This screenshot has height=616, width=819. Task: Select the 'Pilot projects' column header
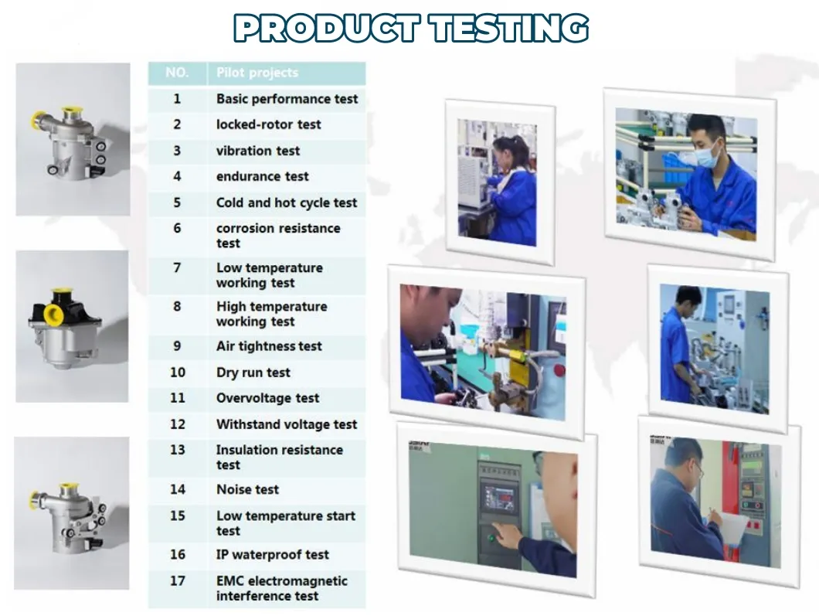pos(257,73)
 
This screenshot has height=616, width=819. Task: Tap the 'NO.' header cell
pos(177,73)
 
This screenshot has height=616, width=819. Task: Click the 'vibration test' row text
pos(258,151)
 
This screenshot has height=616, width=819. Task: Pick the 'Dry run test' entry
pos(253,373)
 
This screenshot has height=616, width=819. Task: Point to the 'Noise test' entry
pos(247,489)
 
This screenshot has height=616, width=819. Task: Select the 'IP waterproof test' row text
pos(273,555)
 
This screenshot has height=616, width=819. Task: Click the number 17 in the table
pos(178,581)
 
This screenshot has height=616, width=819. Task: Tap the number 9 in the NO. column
pos(177,346)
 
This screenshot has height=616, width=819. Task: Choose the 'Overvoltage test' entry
pos(267,398)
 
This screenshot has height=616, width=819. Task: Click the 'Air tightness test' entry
pos(269,346)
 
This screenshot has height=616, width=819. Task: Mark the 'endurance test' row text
pos(262,176)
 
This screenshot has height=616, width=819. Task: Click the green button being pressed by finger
pos(491,537)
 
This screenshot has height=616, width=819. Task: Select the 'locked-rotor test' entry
pos(268,125)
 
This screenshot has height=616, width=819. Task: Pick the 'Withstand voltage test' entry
pos(287,424)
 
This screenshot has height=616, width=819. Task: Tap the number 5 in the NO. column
pos(177,202)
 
